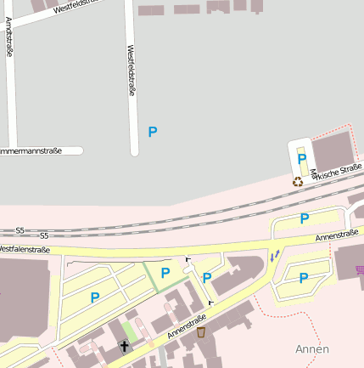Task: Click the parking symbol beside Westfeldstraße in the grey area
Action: point(153,132)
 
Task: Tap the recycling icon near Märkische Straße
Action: point(298,181)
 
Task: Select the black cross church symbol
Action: point(125,346)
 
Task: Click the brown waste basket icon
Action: point(201,332)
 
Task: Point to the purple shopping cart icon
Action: point(360,269)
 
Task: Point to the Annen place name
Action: point(311,349)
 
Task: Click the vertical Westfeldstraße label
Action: point(132,71)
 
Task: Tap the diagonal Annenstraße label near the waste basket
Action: point(187,326)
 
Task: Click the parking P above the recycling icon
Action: point(301,159)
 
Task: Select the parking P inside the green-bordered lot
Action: point(165,273)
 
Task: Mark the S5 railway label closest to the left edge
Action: point(20,230)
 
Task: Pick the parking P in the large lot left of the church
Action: point(95,297)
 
